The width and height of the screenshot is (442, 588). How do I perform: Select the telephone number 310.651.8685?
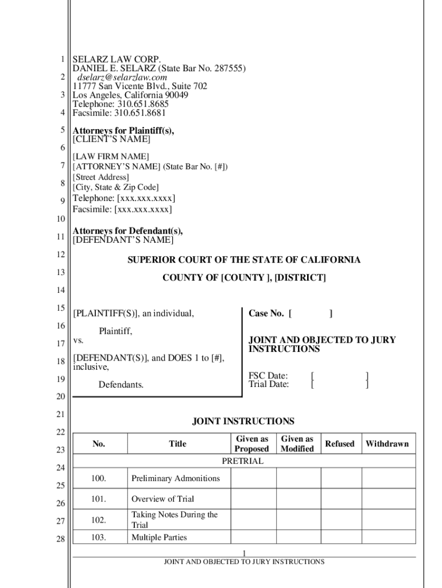[x=143, y=105]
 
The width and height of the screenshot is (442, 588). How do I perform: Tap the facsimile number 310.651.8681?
[x=141, y=113]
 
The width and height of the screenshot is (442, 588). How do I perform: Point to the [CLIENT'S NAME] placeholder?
[x=111, y=140]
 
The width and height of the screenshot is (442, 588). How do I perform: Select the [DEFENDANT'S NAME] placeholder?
[x=122, y=239]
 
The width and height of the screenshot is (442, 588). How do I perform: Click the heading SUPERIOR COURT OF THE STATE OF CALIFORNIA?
[x=244, y=260]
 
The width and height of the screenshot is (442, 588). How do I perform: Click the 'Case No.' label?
[x=266, y=314]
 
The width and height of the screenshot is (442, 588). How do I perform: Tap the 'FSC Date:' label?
[x=268, y=376]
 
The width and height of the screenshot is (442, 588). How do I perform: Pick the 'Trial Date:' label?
[x=269, y=385]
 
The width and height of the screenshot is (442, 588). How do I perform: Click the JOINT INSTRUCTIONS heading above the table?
[x=243, y=421]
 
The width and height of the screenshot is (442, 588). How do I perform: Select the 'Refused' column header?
[x=340, y=444]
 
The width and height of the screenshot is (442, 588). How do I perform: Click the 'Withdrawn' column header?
[x=387, y=444]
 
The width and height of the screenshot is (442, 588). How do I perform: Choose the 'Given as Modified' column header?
[x=297, y=444]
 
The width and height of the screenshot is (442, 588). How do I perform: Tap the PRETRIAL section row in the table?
[x=243, y=461]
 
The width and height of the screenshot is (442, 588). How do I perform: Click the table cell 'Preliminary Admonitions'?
[x=176, y=478]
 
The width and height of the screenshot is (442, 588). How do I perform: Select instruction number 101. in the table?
[x=99, y=498]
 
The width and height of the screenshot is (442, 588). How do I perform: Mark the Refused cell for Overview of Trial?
[x=340, y=498]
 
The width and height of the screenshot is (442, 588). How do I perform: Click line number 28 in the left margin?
[x=60, y=539]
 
